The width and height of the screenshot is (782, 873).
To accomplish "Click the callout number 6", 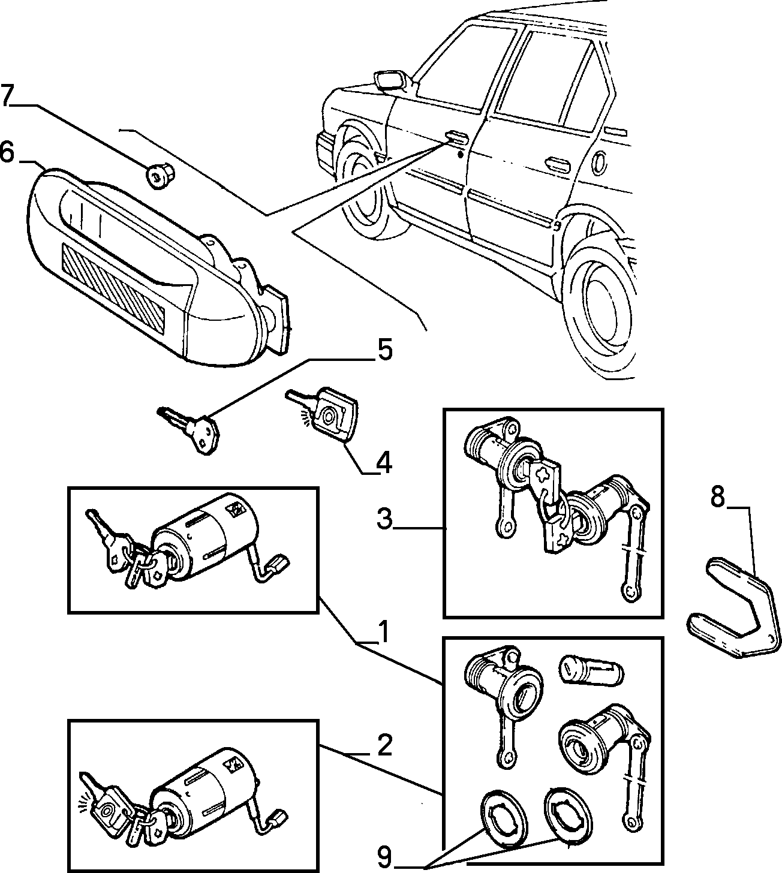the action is (7, 153).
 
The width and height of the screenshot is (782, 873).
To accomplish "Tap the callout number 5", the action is (384, 350).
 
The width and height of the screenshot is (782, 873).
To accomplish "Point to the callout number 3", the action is (384, 519).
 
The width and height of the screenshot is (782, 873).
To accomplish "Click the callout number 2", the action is (384, 745).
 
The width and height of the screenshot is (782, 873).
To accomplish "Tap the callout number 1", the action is (383, 632).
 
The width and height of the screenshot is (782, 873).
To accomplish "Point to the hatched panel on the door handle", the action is (114, 287).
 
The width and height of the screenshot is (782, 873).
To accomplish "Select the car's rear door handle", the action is (557, 164).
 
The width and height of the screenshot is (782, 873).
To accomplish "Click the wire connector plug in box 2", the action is (279, 816).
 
